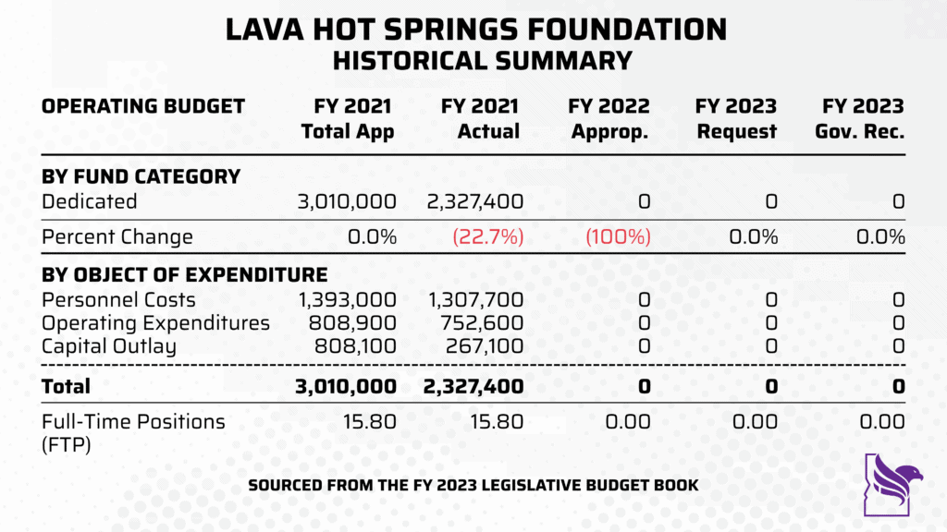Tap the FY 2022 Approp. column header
pos(610,119)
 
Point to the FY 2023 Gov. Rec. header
pos(859,119)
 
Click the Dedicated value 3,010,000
pos(347,201)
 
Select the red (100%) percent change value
pos(618,236)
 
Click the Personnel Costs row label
pos(118,299)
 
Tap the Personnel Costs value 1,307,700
pos(475,299)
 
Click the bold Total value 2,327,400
pos(475,387)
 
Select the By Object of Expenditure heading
pos(184,275)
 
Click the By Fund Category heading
pos(141,176)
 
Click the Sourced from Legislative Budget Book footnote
pos(473,485)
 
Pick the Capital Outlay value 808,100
pos(354,346)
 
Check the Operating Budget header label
pos(142,106)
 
